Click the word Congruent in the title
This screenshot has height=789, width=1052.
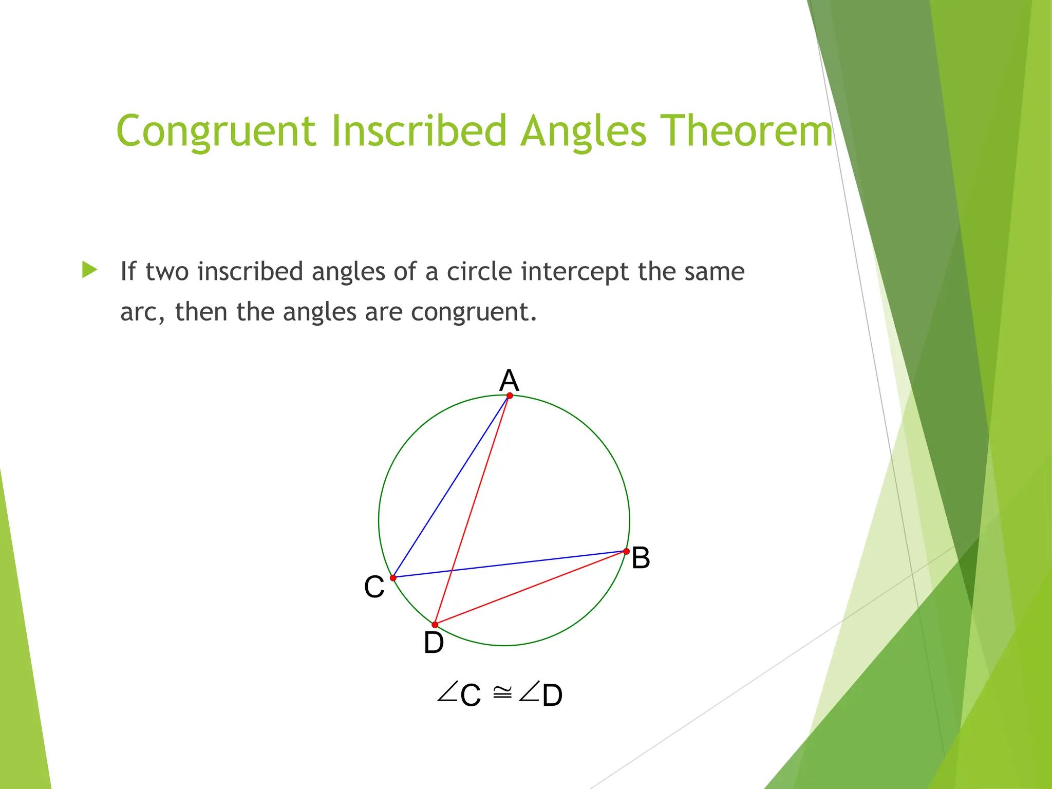(x=216, y=131)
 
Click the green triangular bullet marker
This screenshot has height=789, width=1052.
(x=89, y=270)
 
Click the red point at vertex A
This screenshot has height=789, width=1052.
(x=510, y=396)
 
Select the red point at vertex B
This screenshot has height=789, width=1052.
(x=626, y=551)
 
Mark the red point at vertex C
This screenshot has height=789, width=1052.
(x=393, y=578)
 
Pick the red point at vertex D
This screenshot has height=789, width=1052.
(x=435, y=625)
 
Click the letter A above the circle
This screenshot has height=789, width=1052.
(x=509, y=381)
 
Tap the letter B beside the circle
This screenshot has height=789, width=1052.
(x=641, y=558)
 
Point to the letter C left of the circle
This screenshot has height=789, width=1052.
(x=374, y=587)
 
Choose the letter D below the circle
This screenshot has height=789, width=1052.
(x=434, y=643)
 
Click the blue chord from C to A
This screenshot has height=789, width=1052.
(x=451, y=487)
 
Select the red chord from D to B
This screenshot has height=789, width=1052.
(x=531, y=588)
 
